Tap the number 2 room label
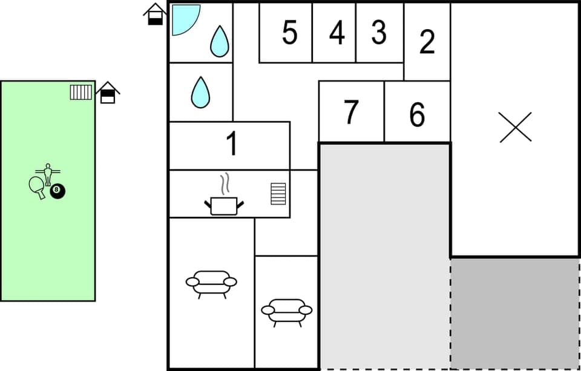coord(427,41)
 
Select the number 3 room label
coord(379,33)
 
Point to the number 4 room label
coord(337,33)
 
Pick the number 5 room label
coord(290,33)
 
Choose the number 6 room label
coord(417,114)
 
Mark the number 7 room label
coord(351,113)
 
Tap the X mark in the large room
coord(516,127)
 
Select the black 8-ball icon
coord(57,191)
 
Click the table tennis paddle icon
coord(38,186)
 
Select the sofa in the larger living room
coord(211,283)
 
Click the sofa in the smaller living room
coord(286,312)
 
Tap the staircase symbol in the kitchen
coord(278,194)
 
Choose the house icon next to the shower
coord(156,14)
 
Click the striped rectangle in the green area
coord(80,92)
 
